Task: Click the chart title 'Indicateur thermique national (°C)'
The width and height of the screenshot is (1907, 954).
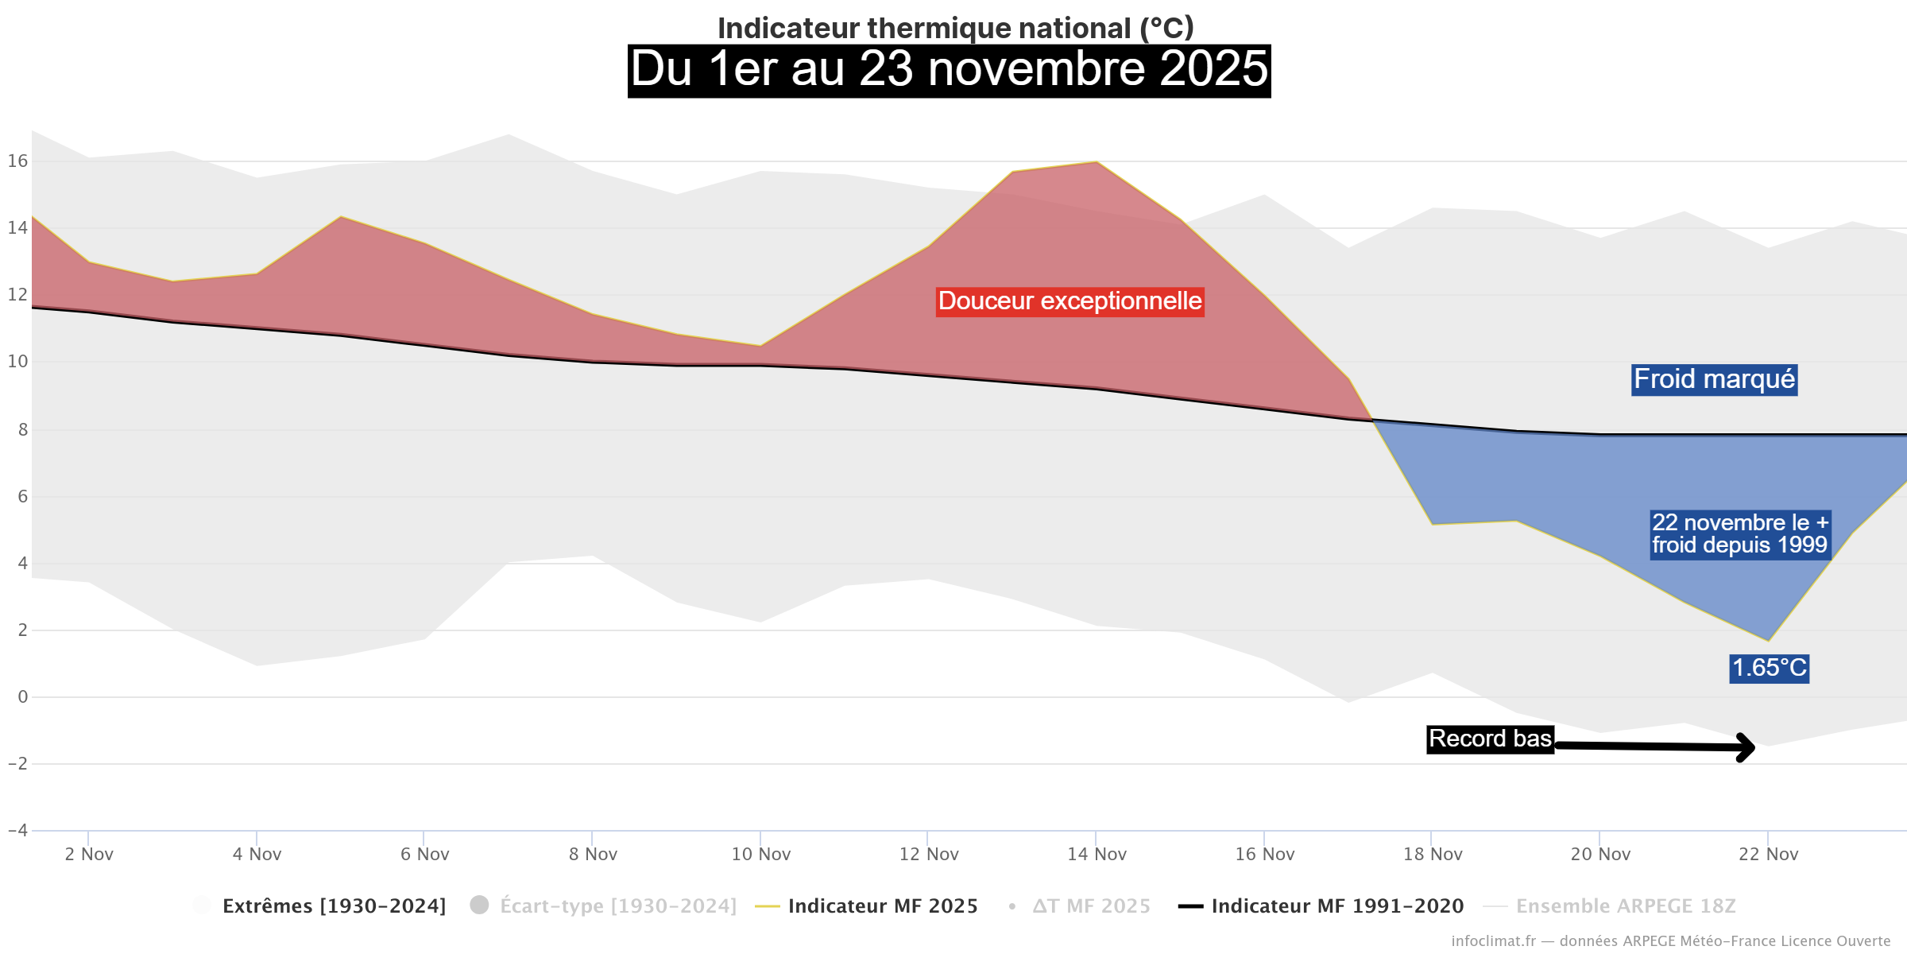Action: (955, 28)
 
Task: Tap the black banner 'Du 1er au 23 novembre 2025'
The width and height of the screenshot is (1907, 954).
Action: (949, 70)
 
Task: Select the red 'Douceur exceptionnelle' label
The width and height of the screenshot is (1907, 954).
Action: (1070, 301)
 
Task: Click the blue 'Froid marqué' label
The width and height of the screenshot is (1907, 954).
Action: (1714, 379)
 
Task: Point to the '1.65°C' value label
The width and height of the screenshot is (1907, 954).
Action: (1769, 668)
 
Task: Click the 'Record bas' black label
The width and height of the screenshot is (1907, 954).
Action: (1490, 739)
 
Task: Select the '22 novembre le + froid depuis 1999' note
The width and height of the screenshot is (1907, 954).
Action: (1740, 534)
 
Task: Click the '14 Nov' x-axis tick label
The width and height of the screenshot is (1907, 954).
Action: (1097, 854)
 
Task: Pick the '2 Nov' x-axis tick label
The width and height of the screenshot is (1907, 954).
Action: (89, 854)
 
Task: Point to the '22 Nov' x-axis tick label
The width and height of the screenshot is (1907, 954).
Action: (1768, 854)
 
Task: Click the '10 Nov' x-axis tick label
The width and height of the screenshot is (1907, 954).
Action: (760, 854)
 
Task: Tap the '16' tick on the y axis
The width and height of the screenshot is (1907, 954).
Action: (17, 161)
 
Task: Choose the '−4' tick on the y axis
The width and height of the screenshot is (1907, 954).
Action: (17, 830)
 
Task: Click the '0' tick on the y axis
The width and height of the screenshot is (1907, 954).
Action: (22, 697)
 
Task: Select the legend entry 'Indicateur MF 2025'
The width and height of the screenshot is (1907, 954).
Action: (882, 906)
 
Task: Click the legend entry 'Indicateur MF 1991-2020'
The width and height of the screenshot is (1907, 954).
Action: (1336, 906)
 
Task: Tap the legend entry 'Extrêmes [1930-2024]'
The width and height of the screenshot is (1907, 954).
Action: (334, 906)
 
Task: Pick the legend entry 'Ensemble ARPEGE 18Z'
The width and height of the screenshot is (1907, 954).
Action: (1625, 906)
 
